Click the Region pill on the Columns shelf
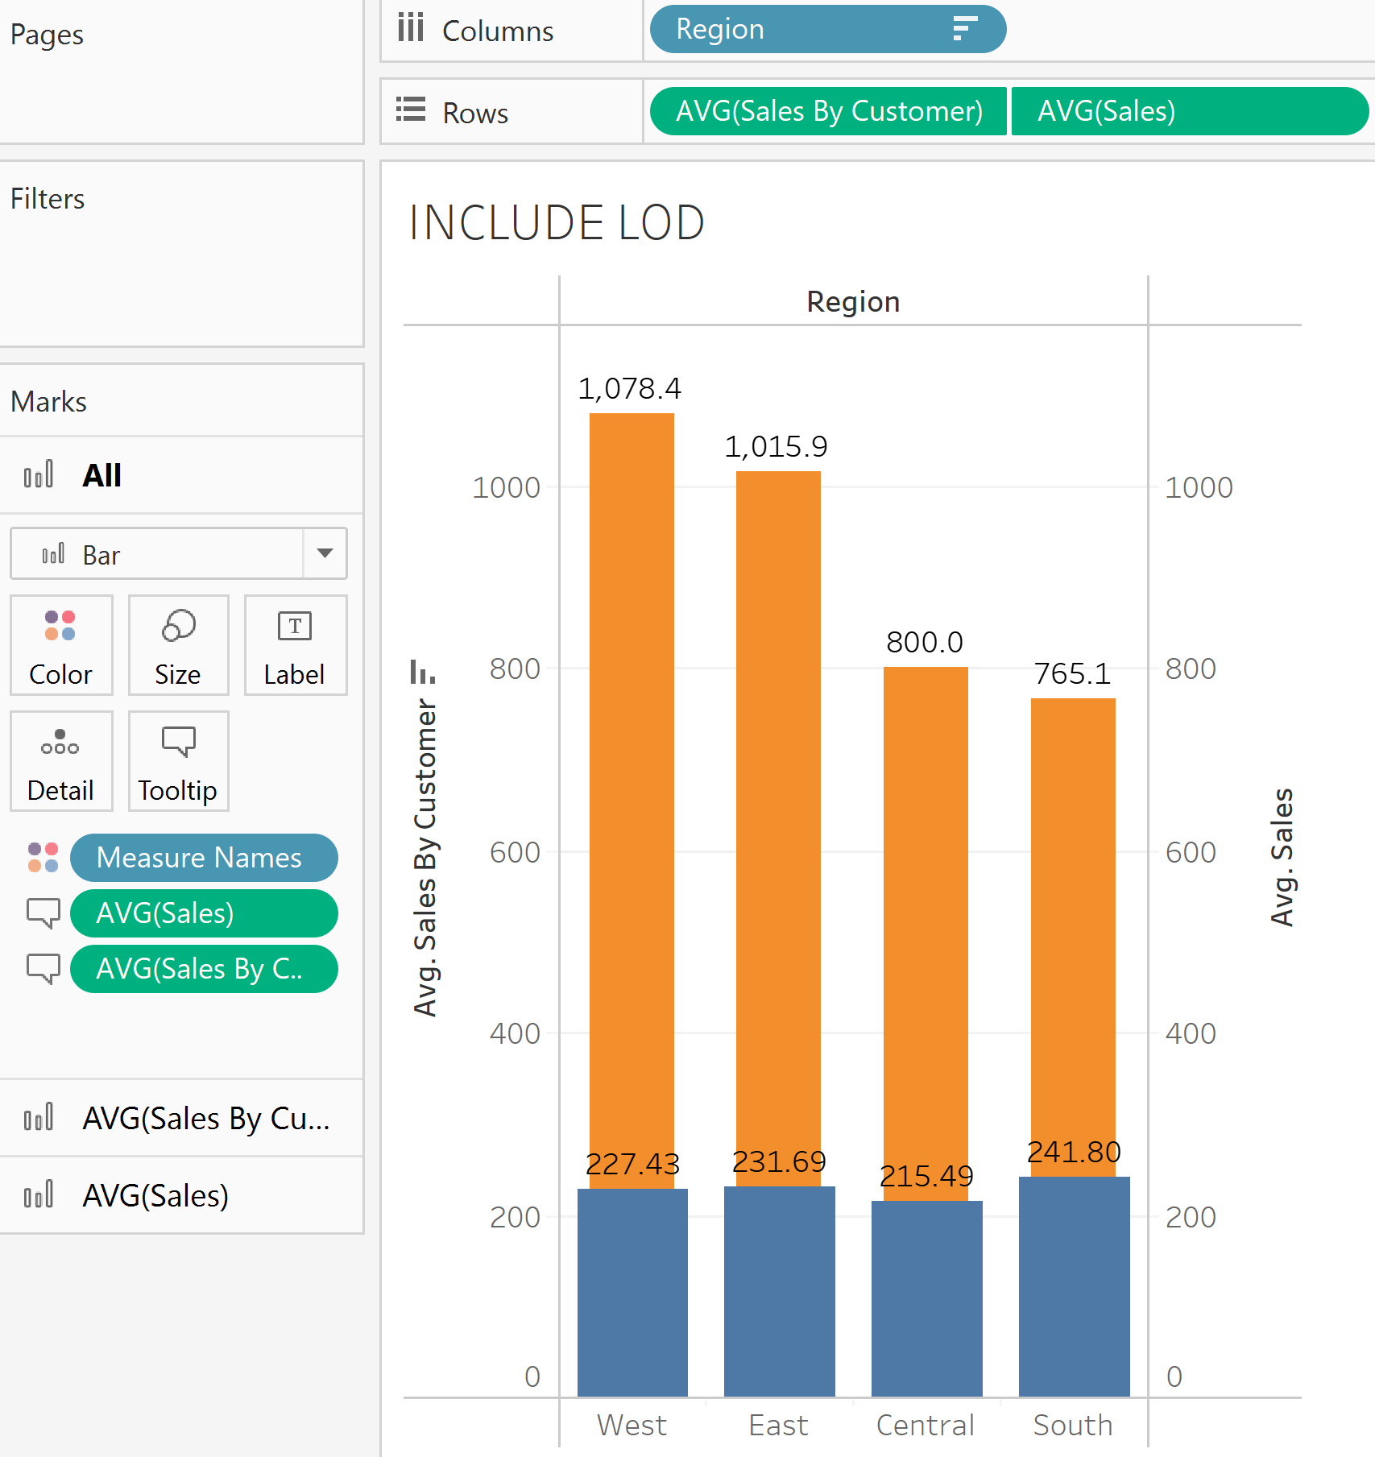point(827,29)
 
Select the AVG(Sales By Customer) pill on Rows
point(828,111)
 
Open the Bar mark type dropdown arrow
point(325,553)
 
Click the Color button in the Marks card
point(61,645)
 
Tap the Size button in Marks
point(178,645)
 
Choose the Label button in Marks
point(295,645)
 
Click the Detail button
point(61,761)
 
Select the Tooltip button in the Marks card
point(178,761)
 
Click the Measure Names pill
point(203,858)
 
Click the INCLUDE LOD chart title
point(557,223)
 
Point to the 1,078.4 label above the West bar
point(629,389)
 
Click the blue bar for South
point(1074,1289)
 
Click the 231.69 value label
point(779,1161)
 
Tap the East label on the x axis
point(778,1425)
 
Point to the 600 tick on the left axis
point(515,852)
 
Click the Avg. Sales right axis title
point(1282,857)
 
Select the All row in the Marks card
point(101,475)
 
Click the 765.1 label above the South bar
point(1072,673)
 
